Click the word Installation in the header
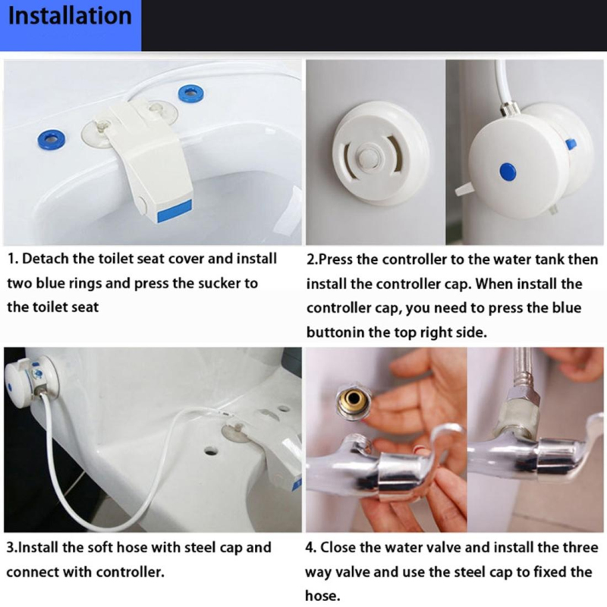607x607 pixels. pos(70,16)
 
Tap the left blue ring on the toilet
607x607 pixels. pos(51,139)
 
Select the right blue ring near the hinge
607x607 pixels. pos(191,93)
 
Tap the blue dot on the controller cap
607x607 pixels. pos(508,171)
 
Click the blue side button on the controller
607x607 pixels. pos(571,144)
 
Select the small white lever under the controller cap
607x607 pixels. pos(464,188)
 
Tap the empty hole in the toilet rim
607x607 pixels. pos(210,451)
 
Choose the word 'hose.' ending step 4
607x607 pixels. pos(322,596)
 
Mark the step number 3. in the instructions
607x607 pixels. pos(12,548)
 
